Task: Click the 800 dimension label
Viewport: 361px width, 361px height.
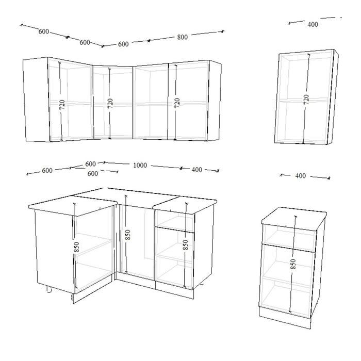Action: tap(183, 37)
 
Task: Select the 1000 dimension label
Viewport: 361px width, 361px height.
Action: tap(140, 166)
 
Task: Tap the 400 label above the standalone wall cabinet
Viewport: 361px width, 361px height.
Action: tap(313, 24)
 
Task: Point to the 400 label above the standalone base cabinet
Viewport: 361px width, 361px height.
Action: tap(301, 176)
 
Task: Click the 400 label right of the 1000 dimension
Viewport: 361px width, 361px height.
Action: tap(197, 170)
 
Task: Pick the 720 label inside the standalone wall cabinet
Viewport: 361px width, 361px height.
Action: tap(306, 99)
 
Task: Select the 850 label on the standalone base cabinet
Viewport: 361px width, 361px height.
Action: tap(293, 264)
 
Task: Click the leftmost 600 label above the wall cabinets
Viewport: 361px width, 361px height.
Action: tap(43, 31)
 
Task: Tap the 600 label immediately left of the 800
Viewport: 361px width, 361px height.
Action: tap(123, 44)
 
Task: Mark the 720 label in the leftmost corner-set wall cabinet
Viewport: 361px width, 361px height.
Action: tap(62, 105)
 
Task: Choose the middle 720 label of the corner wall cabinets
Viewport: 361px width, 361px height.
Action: tap(110, 104)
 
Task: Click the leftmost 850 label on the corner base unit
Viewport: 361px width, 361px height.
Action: tap(77, 247)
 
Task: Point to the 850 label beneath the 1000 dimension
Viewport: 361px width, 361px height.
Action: tap(128, 235)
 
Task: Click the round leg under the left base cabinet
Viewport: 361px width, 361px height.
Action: tap(49, 289)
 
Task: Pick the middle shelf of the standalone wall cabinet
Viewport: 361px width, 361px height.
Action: tap(304, 101)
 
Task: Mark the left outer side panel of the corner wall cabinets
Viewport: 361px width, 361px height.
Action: tap(37, 100)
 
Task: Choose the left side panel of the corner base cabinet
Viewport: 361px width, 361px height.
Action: tap(55, 252)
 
